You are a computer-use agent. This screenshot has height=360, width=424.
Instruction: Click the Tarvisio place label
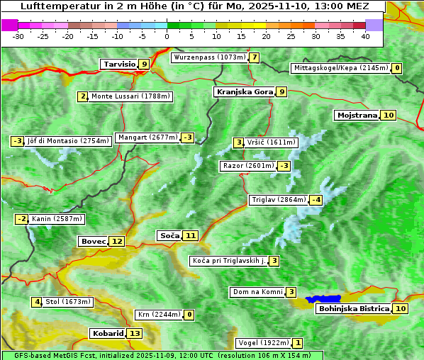[119, 64]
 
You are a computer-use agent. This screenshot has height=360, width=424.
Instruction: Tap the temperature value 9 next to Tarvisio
[144, 64]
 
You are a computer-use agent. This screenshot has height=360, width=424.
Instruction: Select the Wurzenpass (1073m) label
[209, 57]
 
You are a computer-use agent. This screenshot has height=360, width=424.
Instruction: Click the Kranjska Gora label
[244, 91]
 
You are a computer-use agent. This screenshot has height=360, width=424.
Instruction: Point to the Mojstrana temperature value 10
[388, 115]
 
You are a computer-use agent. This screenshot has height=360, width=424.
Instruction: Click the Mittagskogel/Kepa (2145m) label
[341, 68]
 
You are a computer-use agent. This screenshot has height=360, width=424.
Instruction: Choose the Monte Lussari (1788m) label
[130, 96]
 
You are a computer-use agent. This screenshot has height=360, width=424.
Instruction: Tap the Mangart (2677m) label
[148, 137]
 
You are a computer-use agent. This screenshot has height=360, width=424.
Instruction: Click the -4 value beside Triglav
[316, 200]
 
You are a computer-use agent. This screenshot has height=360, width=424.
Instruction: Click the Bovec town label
[93, 241]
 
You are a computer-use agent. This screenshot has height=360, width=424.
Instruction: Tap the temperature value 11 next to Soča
[190, 235]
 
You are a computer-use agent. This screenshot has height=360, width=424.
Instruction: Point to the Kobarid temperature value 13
[135, 333]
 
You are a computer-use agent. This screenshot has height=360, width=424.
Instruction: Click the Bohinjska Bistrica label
[353, 308]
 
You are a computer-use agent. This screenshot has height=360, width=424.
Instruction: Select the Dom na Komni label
[257, 292]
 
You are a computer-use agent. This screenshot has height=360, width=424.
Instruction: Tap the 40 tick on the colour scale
[365, 35]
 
